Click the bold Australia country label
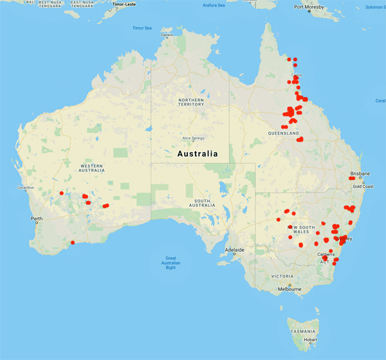(x=197, y=154)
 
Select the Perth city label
(x=36, y=219)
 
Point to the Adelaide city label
(x=234, y=249)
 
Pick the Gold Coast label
(x=363, y=186)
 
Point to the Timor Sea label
(x=142, y=28)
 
